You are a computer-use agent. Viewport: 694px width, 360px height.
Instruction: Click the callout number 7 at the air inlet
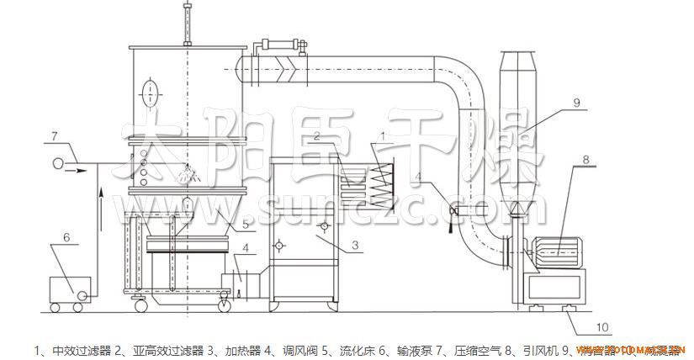[54, 135]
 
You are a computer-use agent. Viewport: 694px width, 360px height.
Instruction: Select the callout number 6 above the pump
[66, 238]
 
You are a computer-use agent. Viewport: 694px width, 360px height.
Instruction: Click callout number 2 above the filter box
[317, 135]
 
